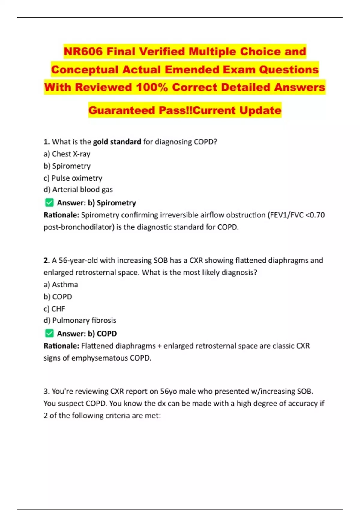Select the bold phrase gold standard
(117, 142)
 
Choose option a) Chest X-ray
(67, 154)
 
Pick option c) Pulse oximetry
(73, 178)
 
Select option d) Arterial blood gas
(78, 190)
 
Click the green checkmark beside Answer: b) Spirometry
(49, 203)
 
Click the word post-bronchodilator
(79, 227)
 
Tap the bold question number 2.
(46, 260)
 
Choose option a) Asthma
(61, 285)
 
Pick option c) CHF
(54, 309)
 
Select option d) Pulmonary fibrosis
(80, 320)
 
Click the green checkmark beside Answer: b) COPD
(49, 334)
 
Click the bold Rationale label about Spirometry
(61, 215)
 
